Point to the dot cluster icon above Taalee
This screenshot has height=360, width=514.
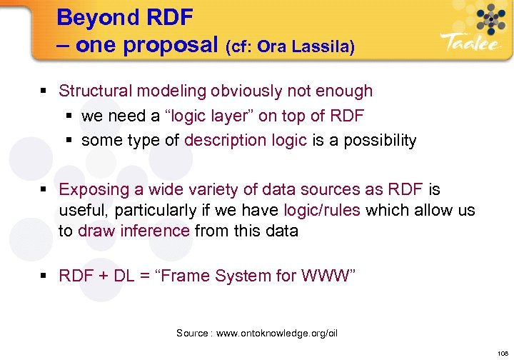point(489,18)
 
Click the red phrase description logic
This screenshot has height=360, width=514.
point(246,140)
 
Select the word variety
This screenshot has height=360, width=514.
point(193,189)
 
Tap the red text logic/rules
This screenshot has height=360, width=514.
point(321,210)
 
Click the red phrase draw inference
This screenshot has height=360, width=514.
point(133,231)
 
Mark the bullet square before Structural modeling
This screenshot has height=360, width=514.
point(45,91)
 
